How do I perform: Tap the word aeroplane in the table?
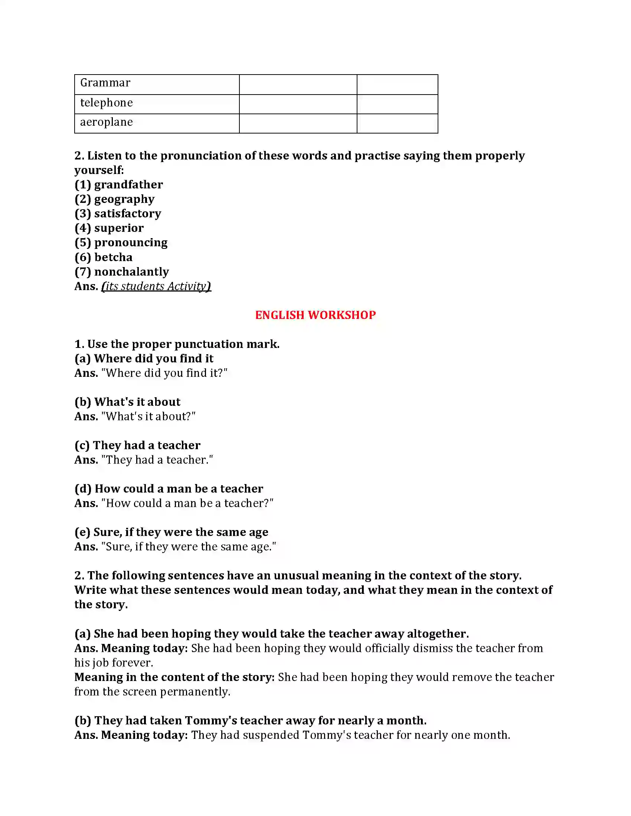[x=107, y=122]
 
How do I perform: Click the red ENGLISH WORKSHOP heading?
[x=315, y=315]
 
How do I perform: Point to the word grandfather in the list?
[x=128, y=185]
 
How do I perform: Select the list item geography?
[x=124, y=199]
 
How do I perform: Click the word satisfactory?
[x=127, y=213]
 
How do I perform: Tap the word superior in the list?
[x=119, y=228]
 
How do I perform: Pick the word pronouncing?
[x=131, y=243]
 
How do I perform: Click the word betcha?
[x=113, y=257]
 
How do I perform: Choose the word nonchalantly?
[x=132, y=272]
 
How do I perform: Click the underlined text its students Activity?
[x=156, y=286]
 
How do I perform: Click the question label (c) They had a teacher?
[x=137, y=445]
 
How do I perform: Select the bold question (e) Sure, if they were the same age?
[x=171, y=532]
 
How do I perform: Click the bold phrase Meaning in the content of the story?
[x=174, y=677]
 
